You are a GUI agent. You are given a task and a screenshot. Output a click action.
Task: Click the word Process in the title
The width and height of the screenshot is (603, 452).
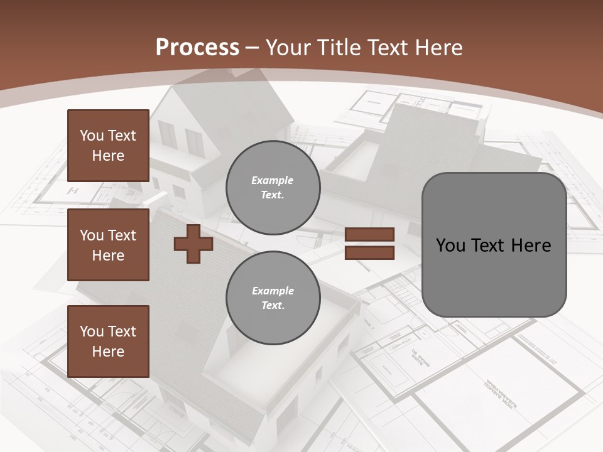[197, 47]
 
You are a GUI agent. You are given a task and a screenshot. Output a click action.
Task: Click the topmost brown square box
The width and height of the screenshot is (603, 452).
[108, 146]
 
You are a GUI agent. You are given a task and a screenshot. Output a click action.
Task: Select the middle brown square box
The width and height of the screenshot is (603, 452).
[108, 245]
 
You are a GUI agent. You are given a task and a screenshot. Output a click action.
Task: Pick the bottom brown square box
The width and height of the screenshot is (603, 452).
[108, 342]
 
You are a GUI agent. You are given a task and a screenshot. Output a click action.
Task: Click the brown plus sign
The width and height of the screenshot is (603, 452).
[193, 244]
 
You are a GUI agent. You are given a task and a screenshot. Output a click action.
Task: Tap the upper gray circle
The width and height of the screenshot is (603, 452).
[273, 188]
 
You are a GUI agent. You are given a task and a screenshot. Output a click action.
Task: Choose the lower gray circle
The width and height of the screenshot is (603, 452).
[273, 298]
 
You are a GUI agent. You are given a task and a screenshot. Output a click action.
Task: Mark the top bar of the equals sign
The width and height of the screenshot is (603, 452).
[370, 235]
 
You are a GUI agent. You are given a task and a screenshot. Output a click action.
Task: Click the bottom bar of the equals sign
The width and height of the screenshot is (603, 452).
[370, 253]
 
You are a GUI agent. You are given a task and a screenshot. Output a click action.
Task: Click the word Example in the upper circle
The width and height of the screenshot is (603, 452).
[272, 180]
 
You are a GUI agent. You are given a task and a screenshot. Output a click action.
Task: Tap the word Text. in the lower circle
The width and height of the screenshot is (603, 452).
[272, 306]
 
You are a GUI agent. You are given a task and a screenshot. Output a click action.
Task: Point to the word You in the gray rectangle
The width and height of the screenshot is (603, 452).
[450, 245]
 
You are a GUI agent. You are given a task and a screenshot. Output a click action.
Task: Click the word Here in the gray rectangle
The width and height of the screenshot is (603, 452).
[531, 245]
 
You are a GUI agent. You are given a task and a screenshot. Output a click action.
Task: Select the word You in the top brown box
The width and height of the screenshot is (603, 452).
[91, 136]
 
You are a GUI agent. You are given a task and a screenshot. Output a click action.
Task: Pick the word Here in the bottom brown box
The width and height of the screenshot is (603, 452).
[108, 352]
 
